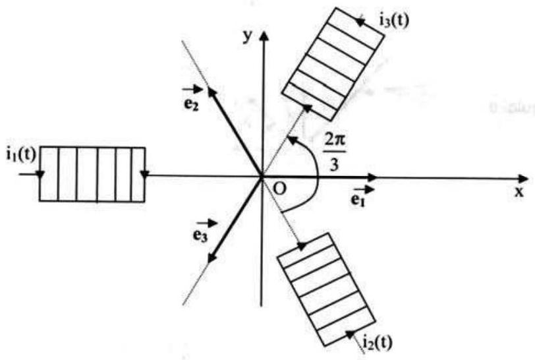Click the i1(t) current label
(21, 155)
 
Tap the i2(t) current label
(378, 342)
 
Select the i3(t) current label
(394, 21)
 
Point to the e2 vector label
(192, 99)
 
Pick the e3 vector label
(204, 231)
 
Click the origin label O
(280, 189)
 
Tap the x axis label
(519, 193)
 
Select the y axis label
(248, 36)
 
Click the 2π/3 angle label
(335, 153)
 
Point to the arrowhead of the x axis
(523, 179)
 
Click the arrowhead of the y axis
(263, 36)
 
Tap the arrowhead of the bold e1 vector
(371, 177)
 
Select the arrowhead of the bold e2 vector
(211, 92)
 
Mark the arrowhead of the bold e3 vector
(212, 258)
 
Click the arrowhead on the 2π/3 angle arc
(292, 140)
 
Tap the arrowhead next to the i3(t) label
(360, 22)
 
